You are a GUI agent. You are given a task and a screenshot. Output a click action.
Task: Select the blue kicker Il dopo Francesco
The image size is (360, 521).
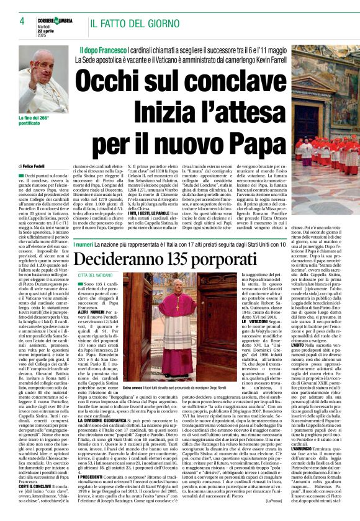click(x=106, y=48)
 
